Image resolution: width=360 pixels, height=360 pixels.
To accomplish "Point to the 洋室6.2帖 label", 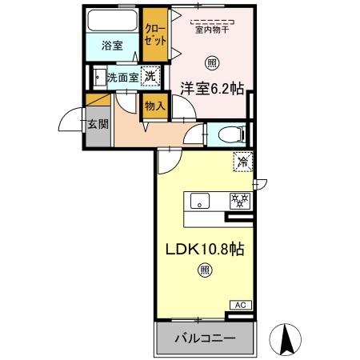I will pos(211,90).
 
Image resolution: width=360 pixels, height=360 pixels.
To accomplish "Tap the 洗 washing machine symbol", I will pos(149,77).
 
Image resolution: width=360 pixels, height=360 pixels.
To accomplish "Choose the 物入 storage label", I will pos(154,106).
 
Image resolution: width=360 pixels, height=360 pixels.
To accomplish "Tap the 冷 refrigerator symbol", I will pos(243,162).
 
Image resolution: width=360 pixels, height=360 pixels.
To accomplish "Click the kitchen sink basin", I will pos(201,201).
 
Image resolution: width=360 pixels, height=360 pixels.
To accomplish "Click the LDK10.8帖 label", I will pos(205,250).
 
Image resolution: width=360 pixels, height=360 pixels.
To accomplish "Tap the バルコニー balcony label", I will pos(206,338).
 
